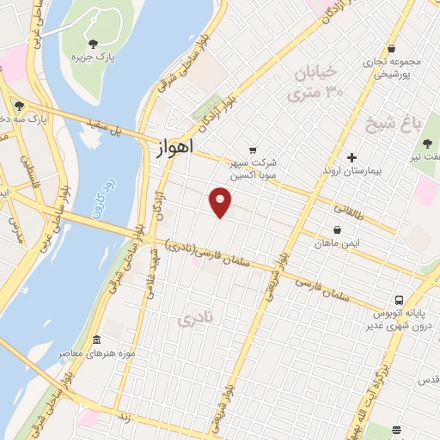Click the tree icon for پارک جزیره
[93, 43]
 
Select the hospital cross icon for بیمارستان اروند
[351, 157]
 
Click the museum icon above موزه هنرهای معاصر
[96, 339]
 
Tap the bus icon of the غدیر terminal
[399, 300]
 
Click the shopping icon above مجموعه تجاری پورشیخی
[391, 49]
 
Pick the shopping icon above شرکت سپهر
[252, 149]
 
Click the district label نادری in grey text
[193, 320]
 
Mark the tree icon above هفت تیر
[427, 144]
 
